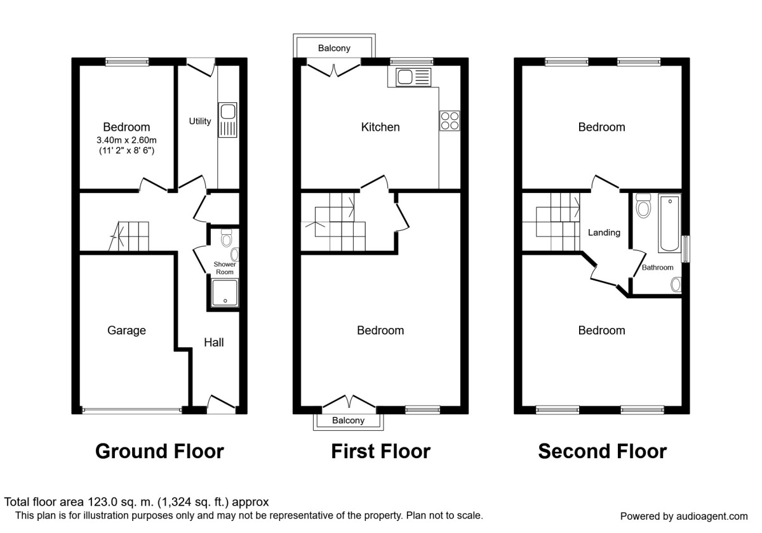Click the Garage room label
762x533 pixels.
(126, 331)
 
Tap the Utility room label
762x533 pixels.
(200, 121)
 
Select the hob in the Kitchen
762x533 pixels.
(450, 121)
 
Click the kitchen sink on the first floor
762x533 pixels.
(413, 77)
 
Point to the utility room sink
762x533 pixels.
(227, 121)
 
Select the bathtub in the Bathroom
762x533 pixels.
(669, 225)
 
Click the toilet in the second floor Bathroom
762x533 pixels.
(643, 206)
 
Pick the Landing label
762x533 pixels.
(603, 233)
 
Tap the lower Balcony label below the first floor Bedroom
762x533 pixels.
(349, 421)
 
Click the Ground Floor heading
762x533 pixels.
(159, 451)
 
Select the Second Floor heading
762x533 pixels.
(602, 451)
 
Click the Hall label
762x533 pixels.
(213, 343)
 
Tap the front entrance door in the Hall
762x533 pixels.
(221, 404)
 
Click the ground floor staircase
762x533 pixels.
(130, 236)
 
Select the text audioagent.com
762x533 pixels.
(706, 516)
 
